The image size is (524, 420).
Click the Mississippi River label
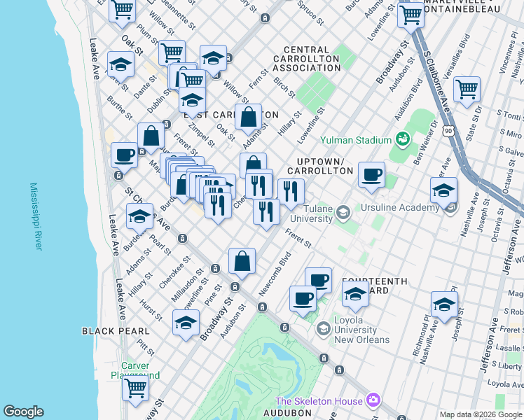pos(36,217)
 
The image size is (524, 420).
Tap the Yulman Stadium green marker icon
pos(402,139)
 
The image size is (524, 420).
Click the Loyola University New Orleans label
pos(361,334)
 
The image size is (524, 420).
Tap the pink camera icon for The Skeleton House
pos(373,400)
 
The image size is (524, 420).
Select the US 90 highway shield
pos(448,130)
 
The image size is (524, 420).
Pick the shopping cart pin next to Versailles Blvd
pos(467,89)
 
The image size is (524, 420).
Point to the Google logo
pos(24,412)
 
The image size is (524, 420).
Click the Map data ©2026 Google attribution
pos(481,414)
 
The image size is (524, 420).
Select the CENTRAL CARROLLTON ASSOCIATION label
pos(306,59)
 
